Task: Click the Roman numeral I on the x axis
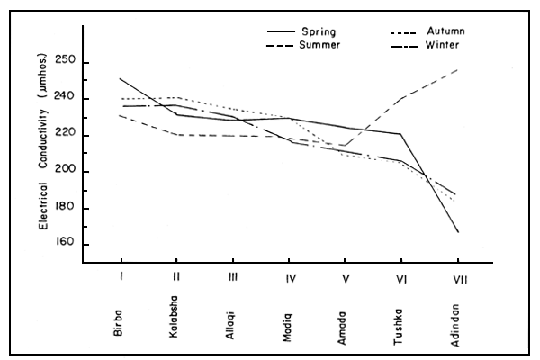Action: (x=121, y=278)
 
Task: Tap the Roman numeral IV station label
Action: (x=289, y=278)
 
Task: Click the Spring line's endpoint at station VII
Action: (x=457, y=232)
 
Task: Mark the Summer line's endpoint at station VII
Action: (x=457, y=69)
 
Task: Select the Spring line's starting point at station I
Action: (x=120, y=79)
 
